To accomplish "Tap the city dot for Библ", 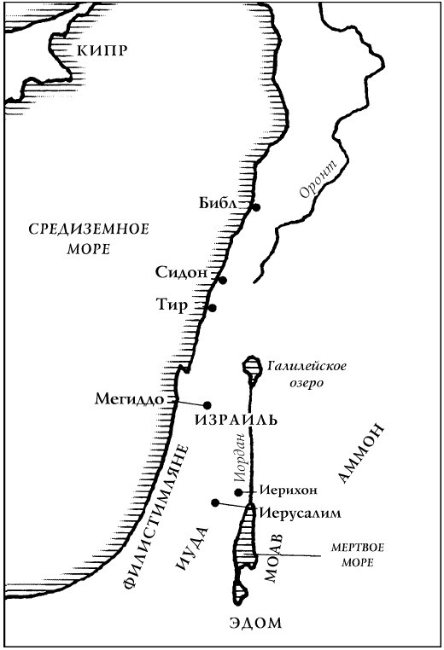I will pos(255,207).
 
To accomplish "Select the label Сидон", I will pos(182,273).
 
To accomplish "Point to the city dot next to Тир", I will pos(213,308).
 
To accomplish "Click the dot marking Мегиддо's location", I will pos(207,404).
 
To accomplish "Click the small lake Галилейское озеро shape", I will pos(252,369).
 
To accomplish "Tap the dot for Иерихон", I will pos(239,492).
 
